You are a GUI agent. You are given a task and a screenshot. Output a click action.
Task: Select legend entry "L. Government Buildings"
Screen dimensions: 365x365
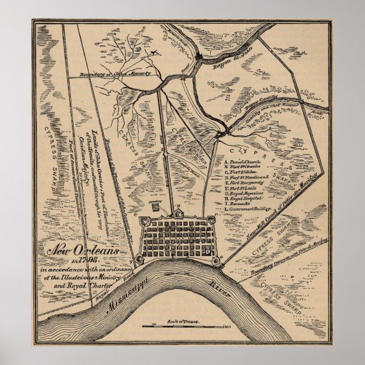pos(248,209)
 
